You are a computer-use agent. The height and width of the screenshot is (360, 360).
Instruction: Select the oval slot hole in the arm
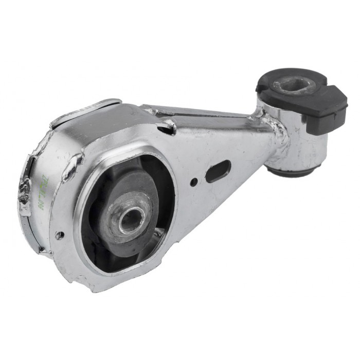[x=217, y=171]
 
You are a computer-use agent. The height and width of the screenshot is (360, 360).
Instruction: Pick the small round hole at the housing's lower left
[x=60, y=235]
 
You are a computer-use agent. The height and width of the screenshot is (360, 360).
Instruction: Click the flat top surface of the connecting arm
[x=206, y=116]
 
